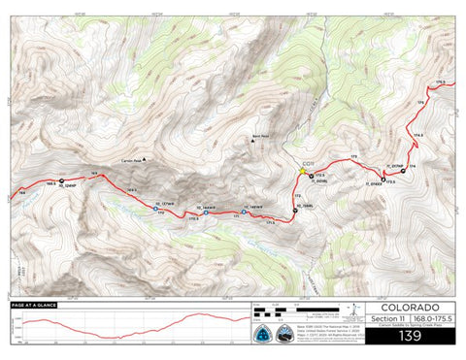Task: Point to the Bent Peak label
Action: [258, 136]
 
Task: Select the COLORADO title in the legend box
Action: [399, 308]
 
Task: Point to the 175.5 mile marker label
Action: [442, 82]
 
